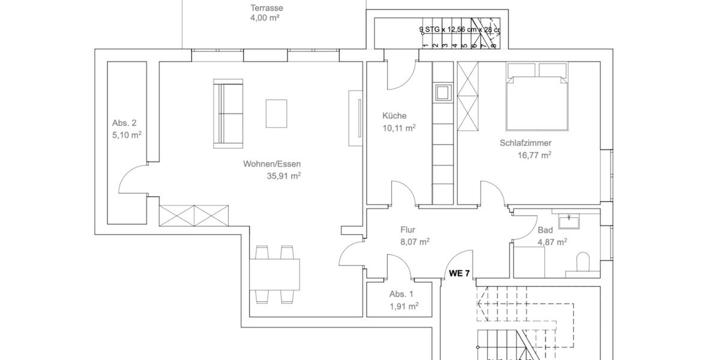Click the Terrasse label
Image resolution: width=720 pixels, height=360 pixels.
(266, 8)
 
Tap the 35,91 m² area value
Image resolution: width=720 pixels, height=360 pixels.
(284, 176)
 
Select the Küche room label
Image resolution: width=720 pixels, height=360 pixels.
(395, 116)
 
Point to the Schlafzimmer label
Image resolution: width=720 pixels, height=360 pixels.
(526, 143)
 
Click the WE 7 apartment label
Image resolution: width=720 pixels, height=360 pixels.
(460, 273)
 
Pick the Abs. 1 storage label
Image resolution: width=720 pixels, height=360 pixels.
(401, 294)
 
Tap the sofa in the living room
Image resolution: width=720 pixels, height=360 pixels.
(227, 114)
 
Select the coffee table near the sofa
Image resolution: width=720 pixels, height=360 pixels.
(277, 113)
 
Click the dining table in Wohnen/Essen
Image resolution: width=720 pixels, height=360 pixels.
(275, 274)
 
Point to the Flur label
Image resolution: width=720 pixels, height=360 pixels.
(408, 230)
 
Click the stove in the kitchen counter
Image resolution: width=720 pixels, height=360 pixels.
(443, 92)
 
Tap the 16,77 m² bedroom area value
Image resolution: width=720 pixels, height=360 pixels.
(535, 155)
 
